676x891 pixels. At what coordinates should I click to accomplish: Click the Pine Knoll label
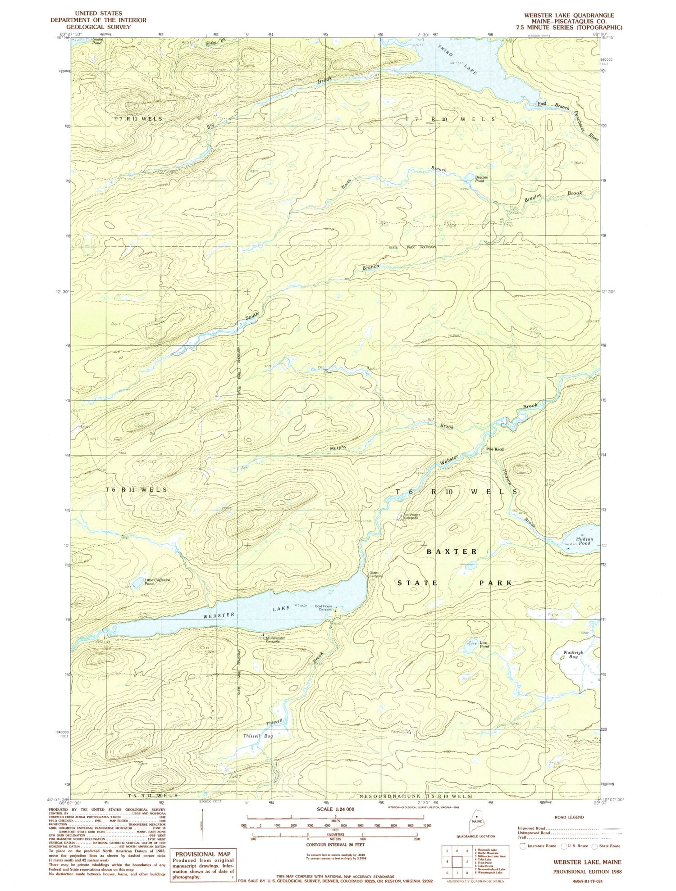pyautogui.click(x=494, y=449)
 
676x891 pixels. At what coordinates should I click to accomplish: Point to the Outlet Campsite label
pyautogui.click(x=376, y=574)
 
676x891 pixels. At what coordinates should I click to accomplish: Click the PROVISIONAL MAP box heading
pyautogui.click(x=202, y=854)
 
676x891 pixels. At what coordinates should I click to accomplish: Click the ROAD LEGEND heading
pyautogui.click(x=569, y=817)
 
